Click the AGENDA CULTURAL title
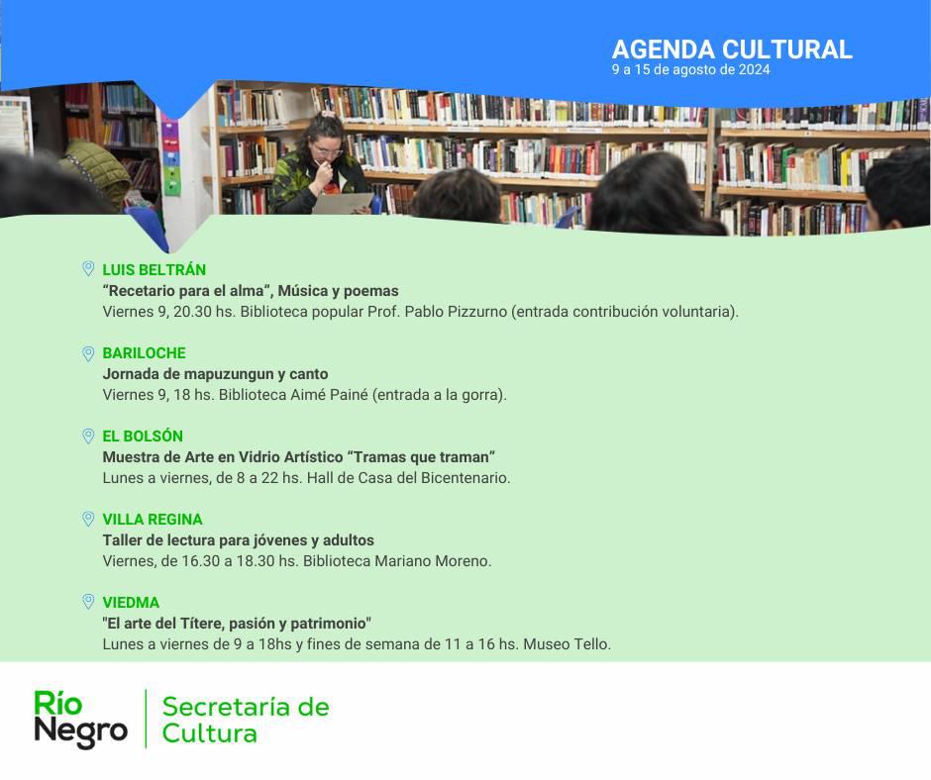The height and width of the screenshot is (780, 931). pos(732,49)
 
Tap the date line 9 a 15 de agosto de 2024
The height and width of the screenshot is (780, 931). pos(690,69)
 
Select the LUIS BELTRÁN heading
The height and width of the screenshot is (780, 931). pos(154,269)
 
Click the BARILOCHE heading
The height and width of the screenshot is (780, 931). pos(144,352)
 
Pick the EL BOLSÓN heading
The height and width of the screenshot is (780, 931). pos(143,436)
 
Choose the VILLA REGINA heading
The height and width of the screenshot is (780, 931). pos(152,519)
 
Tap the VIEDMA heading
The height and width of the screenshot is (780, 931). pos(131,602)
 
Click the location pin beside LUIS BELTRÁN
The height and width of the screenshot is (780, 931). pos(88,269)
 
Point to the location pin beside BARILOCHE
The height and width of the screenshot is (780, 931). pos(88,353)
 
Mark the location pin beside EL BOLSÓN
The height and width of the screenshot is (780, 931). pos(88,437)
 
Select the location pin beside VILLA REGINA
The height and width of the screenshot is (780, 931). pos(88,520)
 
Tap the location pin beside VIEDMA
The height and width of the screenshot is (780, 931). pos(88,603)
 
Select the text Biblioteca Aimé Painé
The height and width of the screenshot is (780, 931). pos(293,395)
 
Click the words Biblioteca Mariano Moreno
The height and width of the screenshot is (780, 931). pos(396,561)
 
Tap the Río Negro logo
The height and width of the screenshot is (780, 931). pos(81,719)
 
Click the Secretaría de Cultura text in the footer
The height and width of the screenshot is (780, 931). pos(246,720)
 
